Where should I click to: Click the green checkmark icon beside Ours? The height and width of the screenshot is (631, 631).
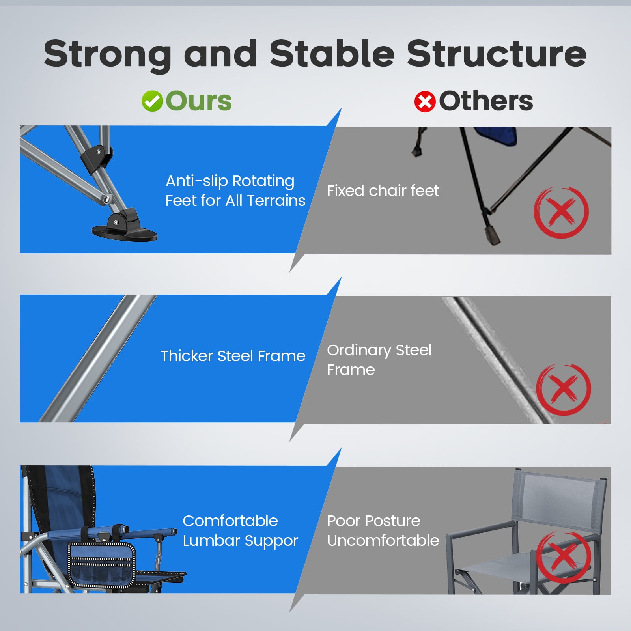[x=152, y=101]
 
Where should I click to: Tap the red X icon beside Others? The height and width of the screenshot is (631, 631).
[x=425, y=102]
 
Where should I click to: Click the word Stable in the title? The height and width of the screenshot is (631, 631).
[x=332, y=53]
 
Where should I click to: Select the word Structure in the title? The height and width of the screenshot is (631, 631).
[x=497, y=53]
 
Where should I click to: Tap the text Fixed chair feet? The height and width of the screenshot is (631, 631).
[x=383, y=191]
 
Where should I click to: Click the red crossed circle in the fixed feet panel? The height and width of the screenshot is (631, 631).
[x=561, y=213]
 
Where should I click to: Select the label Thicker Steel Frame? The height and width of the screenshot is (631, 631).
[x=233, y=356]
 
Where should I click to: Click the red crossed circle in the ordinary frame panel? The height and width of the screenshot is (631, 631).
[x=564, y=390]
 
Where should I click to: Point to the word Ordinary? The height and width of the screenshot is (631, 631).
[x=359, y=351]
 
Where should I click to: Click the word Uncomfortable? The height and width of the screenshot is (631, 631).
[x=383, y=540]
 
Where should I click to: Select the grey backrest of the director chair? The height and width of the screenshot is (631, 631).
[x=560, y=497]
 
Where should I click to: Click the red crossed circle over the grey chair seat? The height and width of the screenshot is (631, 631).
[x=564, y=557]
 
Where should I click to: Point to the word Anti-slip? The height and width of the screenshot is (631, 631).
[x=197, y=181]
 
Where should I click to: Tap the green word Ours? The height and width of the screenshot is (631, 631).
[x=199, y=101]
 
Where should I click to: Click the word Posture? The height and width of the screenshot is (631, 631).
[x=392, y=521]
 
